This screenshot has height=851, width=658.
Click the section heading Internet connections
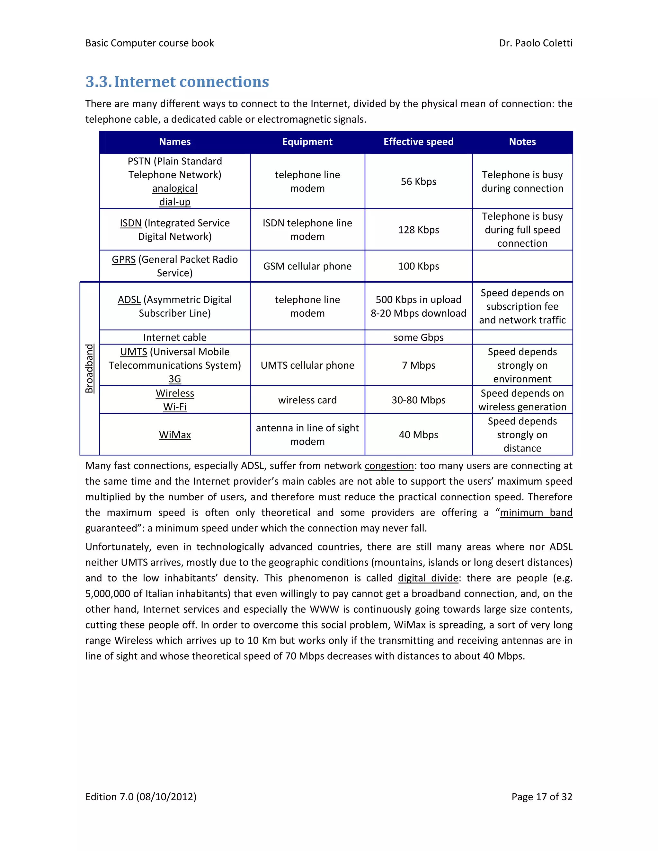177,82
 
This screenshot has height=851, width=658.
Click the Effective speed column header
418,142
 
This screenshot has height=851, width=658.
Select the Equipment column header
307,142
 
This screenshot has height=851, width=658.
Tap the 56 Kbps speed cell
418,181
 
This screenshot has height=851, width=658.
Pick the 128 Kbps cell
418,230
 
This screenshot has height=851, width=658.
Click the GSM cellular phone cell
307,266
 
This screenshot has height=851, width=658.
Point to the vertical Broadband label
89,368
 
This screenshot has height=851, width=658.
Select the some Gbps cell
418,338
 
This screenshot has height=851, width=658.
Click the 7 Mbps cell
418,365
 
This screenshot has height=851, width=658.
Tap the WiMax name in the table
175,435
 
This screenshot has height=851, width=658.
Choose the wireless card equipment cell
307,400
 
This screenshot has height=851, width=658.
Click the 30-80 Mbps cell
418,400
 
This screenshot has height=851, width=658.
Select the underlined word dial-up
175,202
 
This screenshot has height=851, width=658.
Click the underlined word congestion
389,466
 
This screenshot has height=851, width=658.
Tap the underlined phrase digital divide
428,578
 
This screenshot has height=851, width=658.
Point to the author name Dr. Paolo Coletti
535,43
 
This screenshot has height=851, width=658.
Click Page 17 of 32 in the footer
541,797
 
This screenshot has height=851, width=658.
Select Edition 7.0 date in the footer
141,797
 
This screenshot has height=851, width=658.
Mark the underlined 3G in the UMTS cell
175,379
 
